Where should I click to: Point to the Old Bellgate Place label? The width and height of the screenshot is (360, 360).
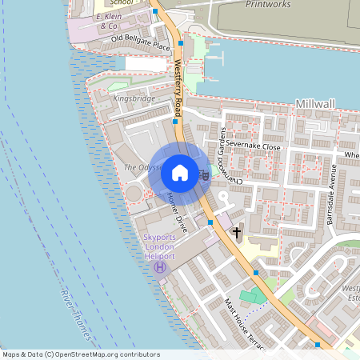(x=142, y=42)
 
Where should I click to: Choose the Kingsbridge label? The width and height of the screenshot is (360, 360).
(x=134, y=98)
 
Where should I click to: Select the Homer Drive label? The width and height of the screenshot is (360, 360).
(x=175, y=218)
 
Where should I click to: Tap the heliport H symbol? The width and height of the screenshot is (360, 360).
(x=160, y=266)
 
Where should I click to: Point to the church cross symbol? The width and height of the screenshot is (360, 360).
(x=236, y=233)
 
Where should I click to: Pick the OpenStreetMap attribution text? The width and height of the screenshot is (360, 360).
(x=81, y=354)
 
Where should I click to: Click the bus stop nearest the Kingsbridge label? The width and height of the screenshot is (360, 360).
(x=175, y=122)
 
